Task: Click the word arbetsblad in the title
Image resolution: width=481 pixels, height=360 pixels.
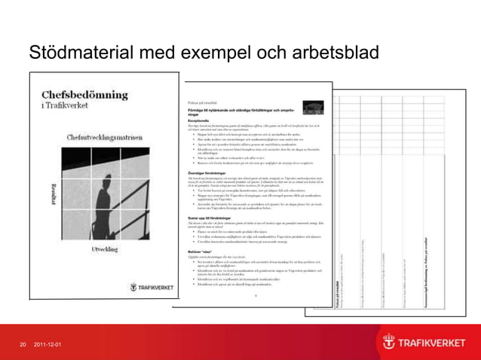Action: pyautogui.click(x=317, y=53)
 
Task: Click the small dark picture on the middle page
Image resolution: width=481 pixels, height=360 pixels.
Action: pyautogui.click(x=312, y=108)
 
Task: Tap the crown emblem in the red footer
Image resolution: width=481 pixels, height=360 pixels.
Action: pyautogui.click(x=389, y=342)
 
